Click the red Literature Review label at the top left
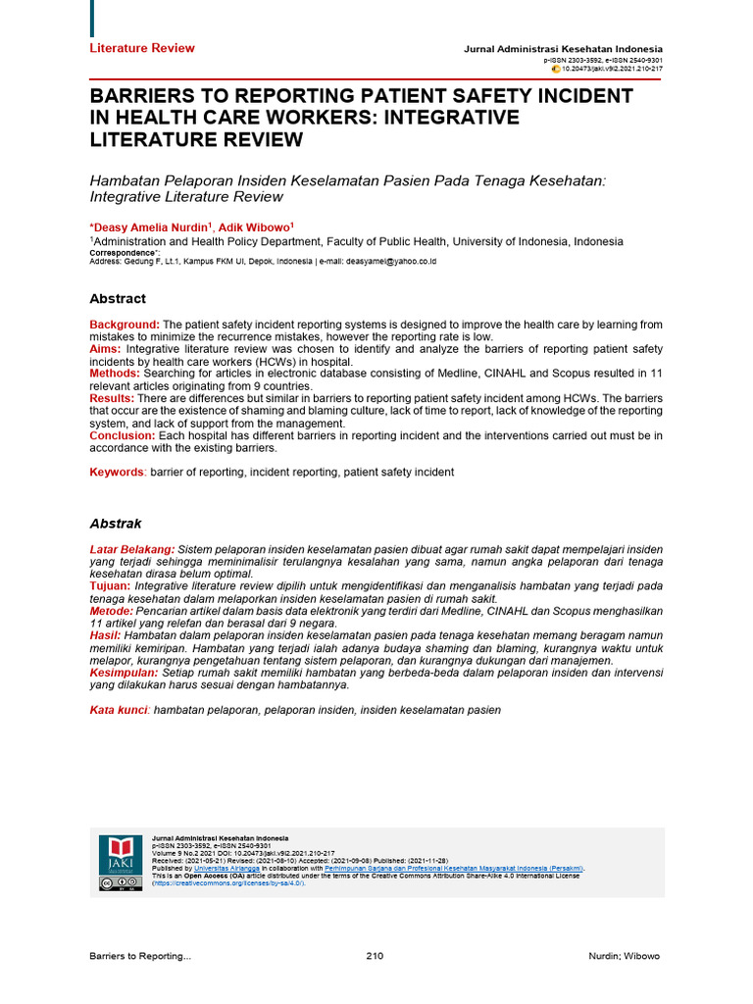(142, 48)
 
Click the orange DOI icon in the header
(556, 70)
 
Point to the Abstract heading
(118, 299)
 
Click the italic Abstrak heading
(116, 524)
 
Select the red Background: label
(125, 325)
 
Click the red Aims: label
(106, 349)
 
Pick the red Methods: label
(115, 374)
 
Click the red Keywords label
(117, 473)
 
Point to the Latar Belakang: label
(132, 549)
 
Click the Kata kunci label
(119, 710)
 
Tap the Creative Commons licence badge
(116, 883)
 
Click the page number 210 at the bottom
(375, 956)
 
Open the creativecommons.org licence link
(227, 883)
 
